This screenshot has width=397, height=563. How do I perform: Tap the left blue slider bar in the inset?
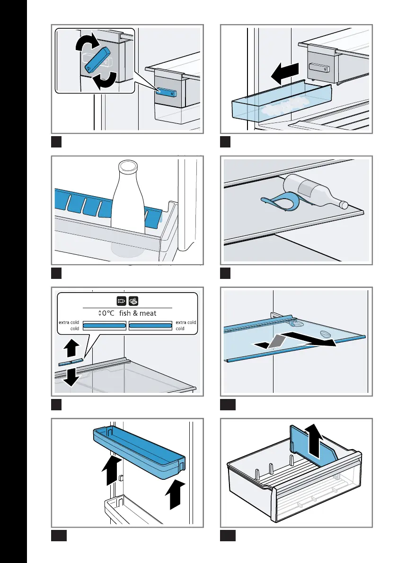[x=104, y=325]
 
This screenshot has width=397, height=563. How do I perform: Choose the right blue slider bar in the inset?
[x=150, y=325]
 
